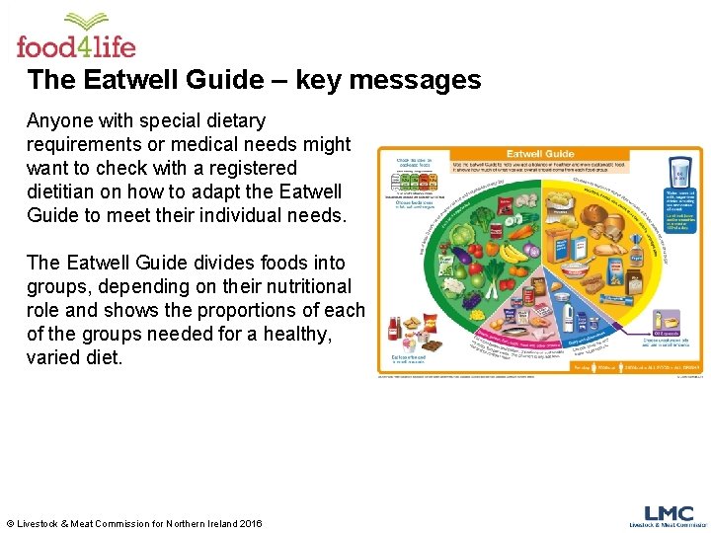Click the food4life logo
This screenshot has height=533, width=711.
point(75,37)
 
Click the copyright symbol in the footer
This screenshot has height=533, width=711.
point(10,523)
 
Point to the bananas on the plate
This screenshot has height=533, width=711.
point(512,254)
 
